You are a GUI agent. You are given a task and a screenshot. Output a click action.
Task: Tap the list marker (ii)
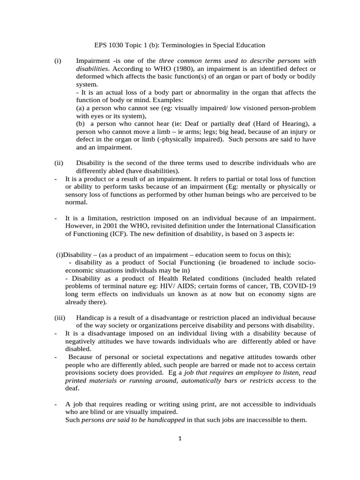58,163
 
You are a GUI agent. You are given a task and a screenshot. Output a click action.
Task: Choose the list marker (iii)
59,318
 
